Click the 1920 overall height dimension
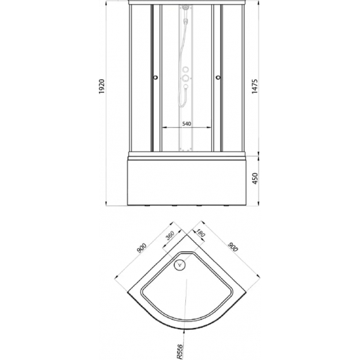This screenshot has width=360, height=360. coord(101,86)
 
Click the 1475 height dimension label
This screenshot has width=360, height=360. coord(255,86)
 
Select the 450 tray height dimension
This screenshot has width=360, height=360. coord(255,179)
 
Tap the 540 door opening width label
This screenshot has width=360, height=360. coord(187,124)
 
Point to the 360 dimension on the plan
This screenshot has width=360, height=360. coord(170,235)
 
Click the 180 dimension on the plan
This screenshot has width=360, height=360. coord(200,233)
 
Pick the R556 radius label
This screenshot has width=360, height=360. coord(180,351)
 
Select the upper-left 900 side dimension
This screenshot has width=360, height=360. coord(141,247)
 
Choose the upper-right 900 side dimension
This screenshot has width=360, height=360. coord(233,247)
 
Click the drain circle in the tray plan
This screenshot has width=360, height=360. coord(180,264)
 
